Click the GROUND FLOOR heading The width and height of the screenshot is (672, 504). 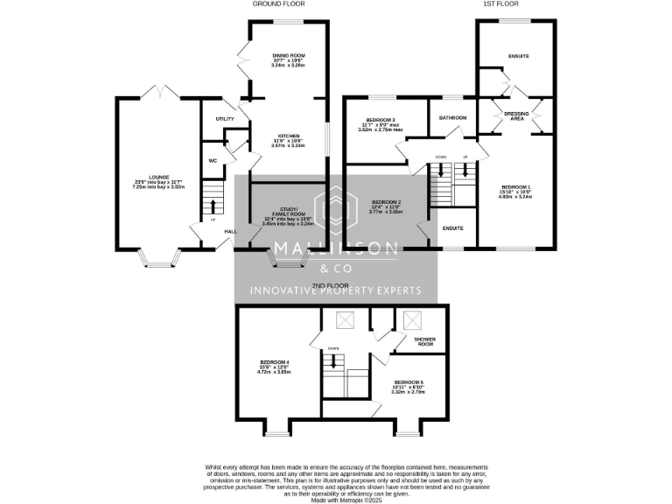coord(278,4)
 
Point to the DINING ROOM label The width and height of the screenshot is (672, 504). coord(289,55)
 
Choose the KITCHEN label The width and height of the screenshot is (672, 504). coord(289,136)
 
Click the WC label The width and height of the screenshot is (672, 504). coord(213,161)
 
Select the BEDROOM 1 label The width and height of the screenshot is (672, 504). coord(515,187)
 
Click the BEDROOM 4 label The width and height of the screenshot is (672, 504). coord(274,362)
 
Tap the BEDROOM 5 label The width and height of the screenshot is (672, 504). coord(408,382)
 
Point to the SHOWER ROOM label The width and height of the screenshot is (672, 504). coord(425,341)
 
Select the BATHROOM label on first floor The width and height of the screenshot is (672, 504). coord(452,117)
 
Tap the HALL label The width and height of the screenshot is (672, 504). coord(230,231)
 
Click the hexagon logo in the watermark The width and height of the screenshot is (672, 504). coord(336,211)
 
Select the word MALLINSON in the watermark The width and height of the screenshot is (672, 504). coord(336,250)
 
